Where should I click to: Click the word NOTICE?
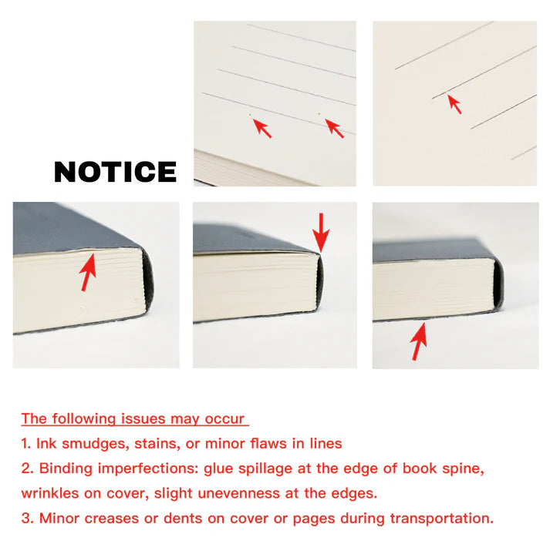[115, 172]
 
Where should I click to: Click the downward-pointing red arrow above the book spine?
[321, 230]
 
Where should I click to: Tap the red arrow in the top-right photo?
[454, 103]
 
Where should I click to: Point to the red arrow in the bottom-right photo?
[419, 341]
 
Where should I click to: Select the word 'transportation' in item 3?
[440, 518]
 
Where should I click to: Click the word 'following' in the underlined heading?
[83, 419]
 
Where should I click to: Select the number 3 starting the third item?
[25, 518]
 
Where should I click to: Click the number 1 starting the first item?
[25, 444]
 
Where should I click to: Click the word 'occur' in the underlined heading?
[224, 419]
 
